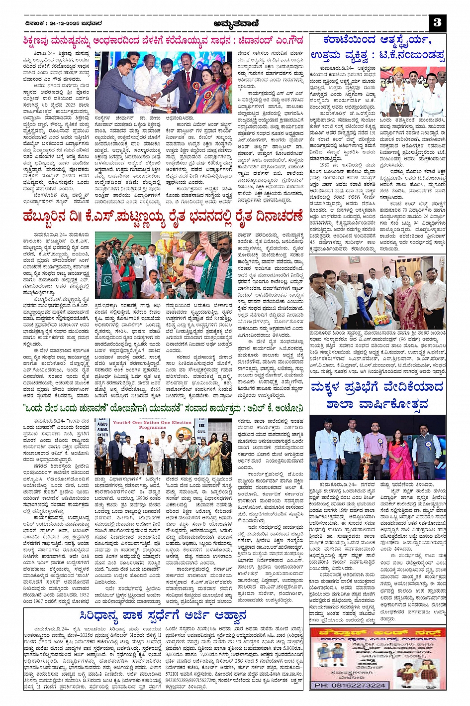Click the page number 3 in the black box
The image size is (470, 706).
click(x=437, y=22)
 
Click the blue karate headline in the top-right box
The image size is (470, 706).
click(x=377, y=48)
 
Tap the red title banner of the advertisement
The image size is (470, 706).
click(x=377, y=633)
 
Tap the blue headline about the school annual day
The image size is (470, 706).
click(x=377, y=395)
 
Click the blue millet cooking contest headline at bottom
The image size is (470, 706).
click(x=163, y=616)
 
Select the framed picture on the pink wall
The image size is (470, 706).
click(x=354, y=259)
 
